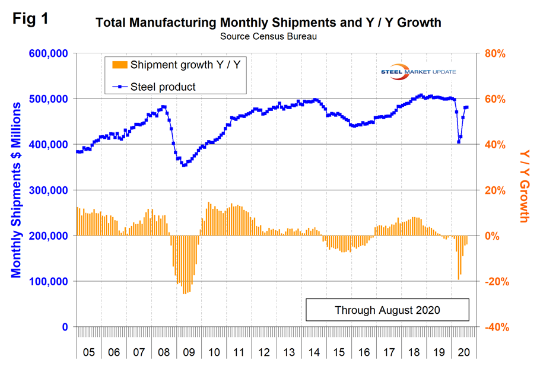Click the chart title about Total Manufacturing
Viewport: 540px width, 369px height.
[x=268, y=23]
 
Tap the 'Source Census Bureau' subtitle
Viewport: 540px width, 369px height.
[x=268, y=37]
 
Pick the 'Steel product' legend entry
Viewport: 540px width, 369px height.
[x=162, y=87]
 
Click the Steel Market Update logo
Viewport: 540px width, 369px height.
[x=423, y=72]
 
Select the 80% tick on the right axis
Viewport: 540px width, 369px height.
[x=494, y=53]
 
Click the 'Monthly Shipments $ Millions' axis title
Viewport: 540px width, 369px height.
[x=16, y=190]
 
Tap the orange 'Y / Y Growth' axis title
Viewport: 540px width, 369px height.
[x=523, y=185]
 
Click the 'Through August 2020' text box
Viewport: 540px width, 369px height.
[x=387, y=310]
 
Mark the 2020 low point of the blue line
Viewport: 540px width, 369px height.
[x=458, y=142]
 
